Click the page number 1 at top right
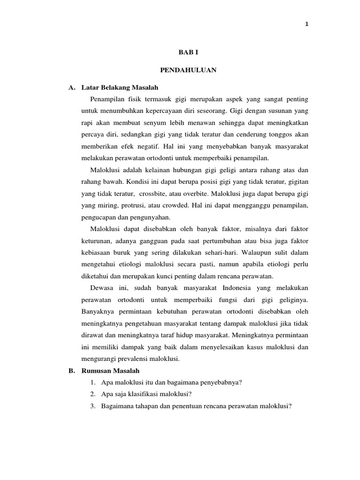coord(307,24)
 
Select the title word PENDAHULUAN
coord(181,70)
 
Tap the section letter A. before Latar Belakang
coord(72,87)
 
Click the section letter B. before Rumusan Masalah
coord(72,370)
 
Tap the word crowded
coord(181,205)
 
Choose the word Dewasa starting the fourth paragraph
coord(101,287)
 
